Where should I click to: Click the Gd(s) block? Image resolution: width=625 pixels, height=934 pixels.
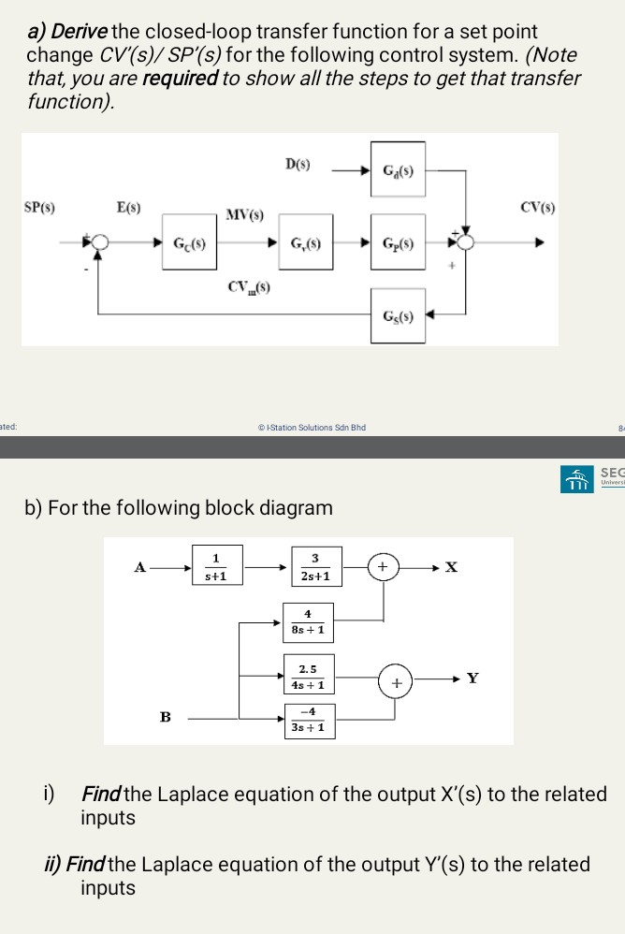tap(398, 169)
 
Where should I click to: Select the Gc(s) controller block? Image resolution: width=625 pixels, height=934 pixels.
tap(190, 243)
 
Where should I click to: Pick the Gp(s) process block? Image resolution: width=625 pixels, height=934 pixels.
tap(398, 243)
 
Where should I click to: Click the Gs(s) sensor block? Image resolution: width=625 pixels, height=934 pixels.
tap(398, 314)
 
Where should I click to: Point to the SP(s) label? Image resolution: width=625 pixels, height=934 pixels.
tap(39, 208)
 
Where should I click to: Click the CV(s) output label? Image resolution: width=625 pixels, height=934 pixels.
tap(537, 208)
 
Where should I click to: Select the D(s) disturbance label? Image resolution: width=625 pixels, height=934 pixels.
tap(298, 165)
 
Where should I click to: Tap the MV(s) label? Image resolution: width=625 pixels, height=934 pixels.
tap(245, 216)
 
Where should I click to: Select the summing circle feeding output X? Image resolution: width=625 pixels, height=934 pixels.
tap(382, 567)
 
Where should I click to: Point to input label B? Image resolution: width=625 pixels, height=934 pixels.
tap(166, 718)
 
